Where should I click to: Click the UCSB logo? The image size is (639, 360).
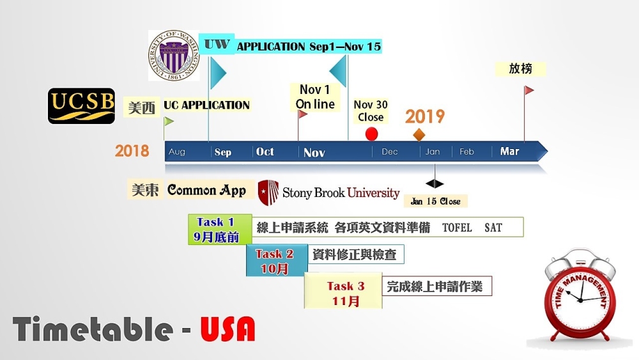[82, 106]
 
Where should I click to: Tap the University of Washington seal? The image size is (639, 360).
[174, 55]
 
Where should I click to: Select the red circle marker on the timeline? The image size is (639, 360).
[371, 134]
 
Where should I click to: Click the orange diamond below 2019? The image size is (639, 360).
[419, 134]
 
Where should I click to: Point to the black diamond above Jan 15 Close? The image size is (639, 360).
[435, 184]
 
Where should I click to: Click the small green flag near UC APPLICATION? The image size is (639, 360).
[168, 121]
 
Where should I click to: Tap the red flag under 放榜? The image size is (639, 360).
[528, 90]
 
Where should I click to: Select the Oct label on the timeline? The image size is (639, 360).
[265, 152]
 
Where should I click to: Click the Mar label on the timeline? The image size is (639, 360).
[509, 152]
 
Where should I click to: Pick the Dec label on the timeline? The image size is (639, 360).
[390, 152]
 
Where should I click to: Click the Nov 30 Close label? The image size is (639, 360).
[371, 111]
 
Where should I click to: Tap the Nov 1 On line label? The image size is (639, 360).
[315, 97]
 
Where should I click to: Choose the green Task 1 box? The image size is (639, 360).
[220, 229]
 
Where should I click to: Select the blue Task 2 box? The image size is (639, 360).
[277, 260]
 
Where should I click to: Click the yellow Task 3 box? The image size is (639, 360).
[343, 290]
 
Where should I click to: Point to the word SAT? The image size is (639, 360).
[493, 228]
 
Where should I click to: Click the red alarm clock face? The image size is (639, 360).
[580, 300]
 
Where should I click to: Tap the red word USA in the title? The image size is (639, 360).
[228, 329]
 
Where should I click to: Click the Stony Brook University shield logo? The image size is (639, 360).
[268, 192]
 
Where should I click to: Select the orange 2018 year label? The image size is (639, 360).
[132, 151]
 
